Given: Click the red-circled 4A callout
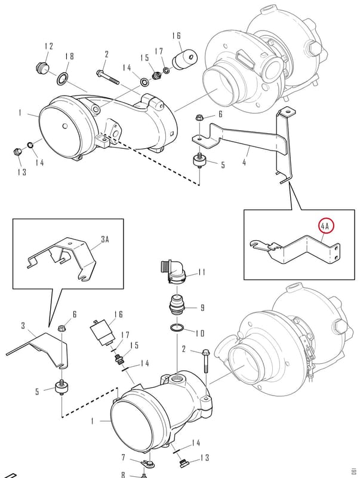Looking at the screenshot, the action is click(326, 226).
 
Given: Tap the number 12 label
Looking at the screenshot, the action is click(49, 46).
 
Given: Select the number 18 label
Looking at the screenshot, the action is click(69, 56).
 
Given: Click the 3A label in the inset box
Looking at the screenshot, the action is click(104, 240).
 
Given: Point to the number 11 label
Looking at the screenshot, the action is click(202, 272).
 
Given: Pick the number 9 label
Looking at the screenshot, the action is click(202, 308).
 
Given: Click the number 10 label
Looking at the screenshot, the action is click(200, 333).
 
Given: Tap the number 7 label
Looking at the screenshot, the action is click(124, 457).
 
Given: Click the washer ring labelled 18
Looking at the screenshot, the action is click(63, 79).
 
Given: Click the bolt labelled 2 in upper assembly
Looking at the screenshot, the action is click(107, 78).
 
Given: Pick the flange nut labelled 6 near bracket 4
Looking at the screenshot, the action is click(199, 117).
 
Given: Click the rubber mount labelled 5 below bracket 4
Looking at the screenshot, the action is click(199, 161).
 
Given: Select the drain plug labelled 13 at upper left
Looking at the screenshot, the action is click(17, 151).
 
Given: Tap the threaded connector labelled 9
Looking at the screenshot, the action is click(177, 305).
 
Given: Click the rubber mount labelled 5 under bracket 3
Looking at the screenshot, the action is click(61, 388).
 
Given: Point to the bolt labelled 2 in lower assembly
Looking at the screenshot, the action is click(205, 362).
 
